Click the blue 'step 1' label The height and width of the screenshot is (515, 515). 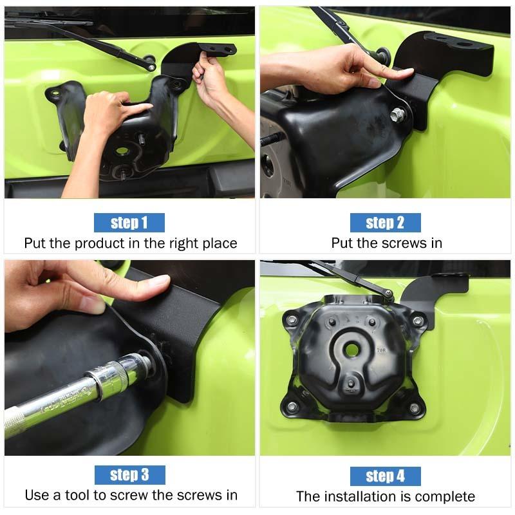129,223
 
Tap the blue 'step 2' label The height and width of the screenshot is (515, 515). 385,223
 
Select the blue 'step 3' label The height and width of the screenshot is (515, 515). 129,475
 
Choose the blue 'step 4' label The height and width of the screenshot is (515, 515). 385,476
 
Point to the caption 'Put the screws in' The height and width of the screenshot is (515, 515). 386,243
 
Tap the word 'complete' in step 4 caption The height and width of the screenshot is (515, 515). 445,496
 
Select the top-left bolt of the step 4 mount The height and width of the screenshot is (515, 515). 292,319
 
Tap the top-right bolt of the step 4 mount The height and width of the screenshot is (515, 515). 417,320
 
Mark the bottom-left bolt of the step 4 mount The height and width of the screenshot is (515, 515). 292,406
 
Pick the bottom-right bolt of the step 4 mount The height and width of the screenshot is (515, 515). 413,407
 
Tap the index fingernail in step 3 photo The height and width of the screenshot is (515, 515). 159,281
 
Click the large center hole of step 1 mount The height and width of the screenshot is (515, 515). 122,151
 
